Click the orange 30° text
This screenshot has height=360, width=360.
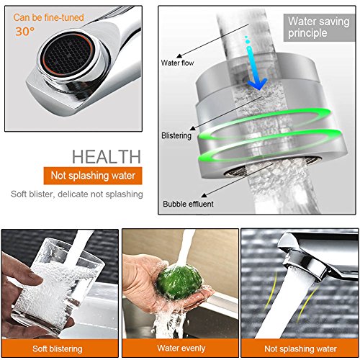(x=25, y=32)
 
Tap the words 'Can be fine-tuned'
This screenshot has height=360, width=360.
(x=48, y=17)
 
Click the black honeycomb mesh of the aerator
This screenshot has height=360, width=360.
(x=68, y=55)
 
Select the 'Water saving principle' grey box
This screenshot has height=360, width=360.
(x=319, y=27)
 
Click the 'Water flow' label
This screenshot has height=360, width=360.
(x=177, y=63)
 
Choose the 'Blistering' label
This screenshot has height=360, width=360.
(x=176, y=135)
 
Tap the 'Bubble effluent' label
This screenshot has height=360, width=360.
(x=188, y=204)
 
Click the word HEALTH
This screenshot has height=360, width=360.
(x=107, y=157)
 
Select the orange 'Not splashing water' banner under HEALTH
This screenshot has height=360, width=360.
(x=93, y=176)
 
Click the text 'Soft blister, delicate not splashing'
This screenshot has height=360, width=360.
(x=77, y=194)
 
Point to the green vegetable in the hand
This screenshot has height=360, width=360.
(x=180, y=282)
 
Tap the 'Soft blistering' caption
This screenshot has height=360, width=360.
(x=58, y=348)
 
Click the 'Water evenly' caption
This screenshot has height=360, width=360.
(x=181, y=348)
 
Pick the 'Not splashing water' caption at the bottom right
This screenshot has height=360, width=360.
(x=300, y=348)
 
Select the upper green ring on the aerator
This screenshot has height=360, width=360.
(x=265, y=124)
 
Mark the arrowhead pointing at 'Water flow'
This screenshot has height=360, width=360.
(x=179, y=56)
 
